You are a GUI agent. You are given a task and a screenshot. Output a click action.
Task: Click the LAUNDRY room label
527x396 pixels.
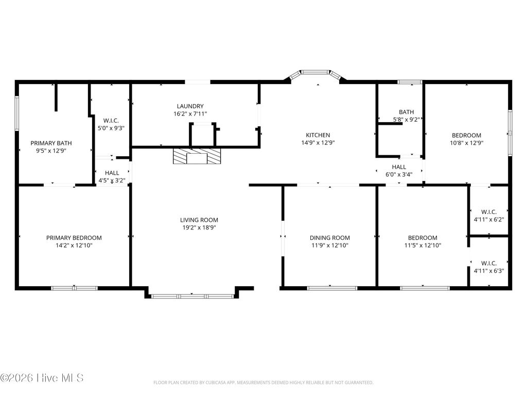tap(190, 106)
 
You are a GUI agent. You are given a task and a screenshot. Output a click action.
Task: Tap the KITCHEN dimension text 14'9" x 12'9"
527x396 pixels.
tap(318, 143)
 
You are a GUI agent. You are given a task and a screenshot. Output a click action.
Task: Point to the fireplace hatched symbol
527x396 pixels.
tap(196, 156)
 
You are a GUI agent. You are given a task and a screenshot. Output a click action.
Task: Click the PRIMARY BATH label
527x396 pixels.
tap(51, 143)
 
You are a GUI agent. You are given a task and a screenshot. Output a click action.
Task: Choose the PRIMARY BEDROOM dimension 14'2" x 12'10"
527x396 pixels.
tap(74, 245)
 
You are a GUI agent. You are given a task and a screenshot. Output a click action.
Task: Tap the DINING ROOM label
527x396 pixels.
tap(329, 238)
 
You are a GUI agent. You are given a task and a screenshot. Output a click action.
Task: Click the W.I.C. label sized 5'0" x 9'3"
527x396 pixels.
tap(111, 121)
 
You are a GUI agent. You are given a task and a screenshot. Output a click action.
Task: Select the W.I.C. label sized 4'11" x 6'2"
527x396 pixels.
tap(488, 212)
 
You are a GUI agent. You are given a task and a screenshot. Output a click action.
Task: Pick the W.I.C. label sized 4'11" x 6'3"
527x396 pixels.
tap(488, 263)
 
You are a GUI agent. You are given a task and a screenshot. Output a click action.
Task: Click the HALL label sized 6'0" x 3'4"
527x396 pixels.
tap(399, 167)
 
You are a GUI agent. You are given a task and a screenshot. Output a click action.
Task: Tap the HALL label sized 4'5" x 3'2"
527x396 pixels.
tap(112, 173)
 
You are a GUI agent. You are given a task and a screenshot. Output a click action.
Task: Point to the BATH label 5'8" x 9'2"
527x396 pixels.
tap(406, 112)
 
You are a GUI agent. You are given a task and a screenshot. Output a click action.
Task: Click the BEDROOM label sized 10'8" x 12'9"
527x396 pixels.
tap(466, 136)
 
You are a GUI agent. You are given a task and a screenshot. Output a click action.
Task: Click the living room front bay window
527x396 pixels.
tap(192, 296)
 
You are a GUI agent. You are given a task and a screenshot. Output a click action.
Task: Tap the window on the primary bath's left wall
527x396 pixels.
tap(16, 113)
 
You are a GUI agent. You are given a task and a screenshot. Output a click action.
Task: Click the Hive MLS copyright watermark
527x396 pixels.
tap(42, 378)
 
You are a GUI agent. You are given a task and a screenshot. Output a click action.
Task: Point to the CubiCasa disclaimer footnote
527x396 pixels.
tap(263, 383)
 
